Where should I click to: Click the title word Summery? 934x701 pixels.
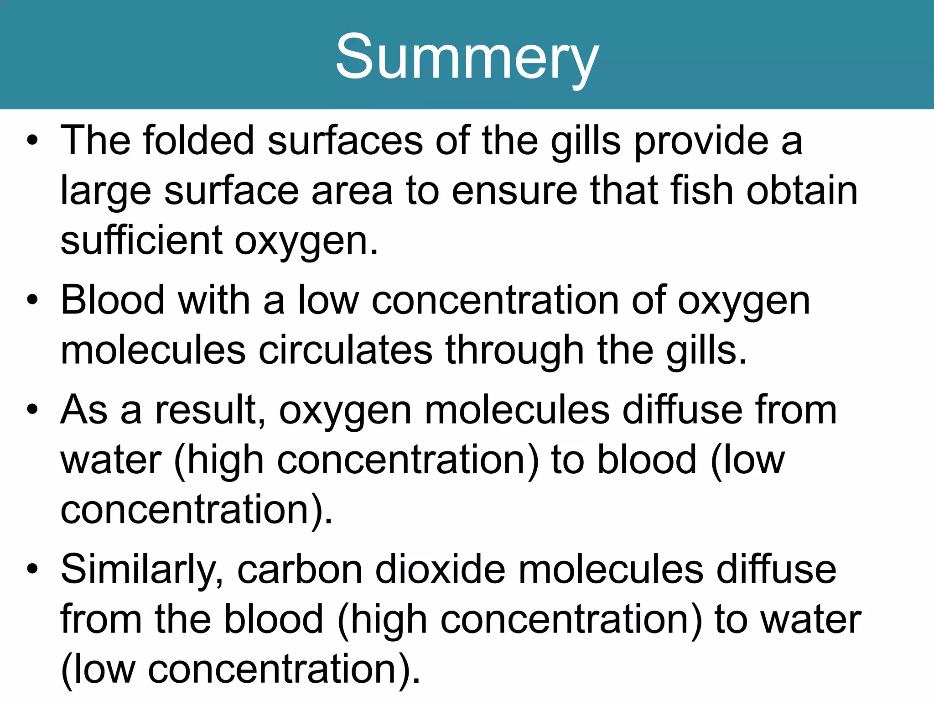[467, 57]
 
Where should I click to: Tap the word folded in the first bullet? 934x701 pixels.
[198, 141]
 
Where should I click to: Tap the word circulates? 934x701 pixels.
[345, 350]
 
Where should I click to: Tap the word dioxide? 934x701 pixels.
[440, 570]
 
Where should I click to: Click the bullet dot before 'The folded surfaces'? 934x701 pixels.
[32, 141]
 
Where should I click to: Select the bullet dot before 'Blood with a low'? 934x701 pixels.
[32, 300]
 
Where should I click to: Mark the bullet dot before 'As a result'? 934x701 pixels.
[32, 410]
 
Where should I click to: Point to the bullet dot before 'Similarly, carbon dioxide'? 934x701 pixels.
[32, 570]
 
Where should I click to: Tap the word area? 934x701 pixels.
[352, 191]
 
